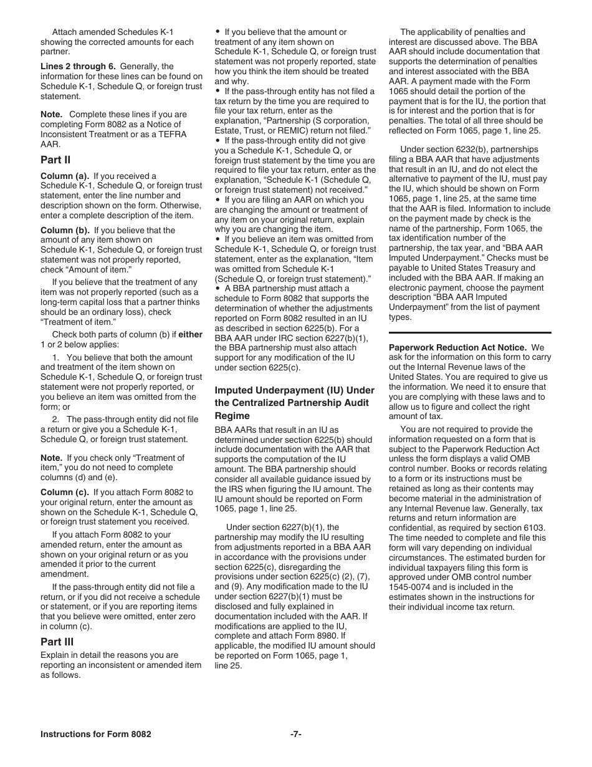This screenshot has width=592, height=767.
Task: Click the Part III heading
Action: pos(57,641)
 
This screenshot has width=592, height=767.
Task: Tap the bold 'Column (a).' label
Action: pos(65,176)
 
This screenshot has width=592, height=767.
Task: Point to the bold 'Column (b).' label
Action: pos(65,230)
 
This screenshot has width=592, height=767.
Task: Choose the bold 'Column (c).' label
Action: pos(65,492)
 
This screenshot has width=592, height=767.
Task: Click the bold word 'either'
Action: pos(191,334)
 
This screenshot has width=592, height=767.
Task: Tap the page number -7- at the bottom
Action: pos(296,734)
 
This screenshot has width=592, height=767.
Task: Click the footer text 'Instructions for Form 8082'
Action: pos(95,734)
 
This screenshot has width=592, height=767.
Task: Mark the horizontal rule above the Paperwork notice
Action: pos(470,333)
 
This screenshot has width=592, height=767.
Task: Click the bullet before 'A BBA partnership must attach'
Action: pos(217,289)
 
